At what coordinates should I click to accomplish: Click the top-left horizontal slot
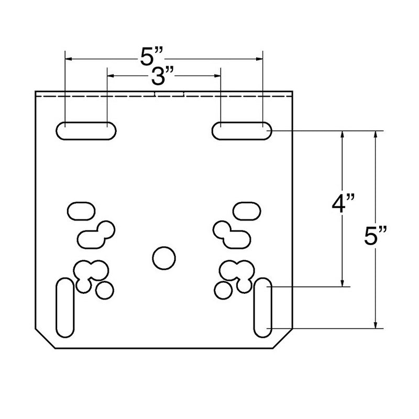pyautogui.click(x=86, y=130)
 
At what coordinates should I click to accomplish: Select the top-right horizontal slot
pyautogui.click(x=242, y=130)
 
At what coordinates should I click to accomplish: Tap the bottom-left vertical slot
pyautogui.click(x=64, y=308)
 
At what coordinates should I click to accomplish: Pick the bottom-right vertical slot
pyautogui.click(x=262, y=308)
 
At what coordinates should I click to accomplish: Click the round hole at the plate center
pyautogui.click(x=163, y=257)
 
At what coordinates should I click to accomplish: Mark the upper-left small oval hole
pyautogui.click(x=81, y=211)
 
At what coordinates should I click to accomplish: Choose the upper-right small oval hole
pyautogui.click(x=246, y=211)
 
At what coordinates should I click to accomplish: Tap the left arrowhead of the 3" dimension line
pyautogui.click(x=111, y=76)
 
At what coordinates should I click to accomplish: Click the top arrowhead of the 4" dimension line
pyautogui.click(x=343, y=134)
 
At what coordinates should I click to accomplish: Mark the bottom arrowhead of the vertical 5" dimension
pyautogui.click(x=375, y=325)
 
